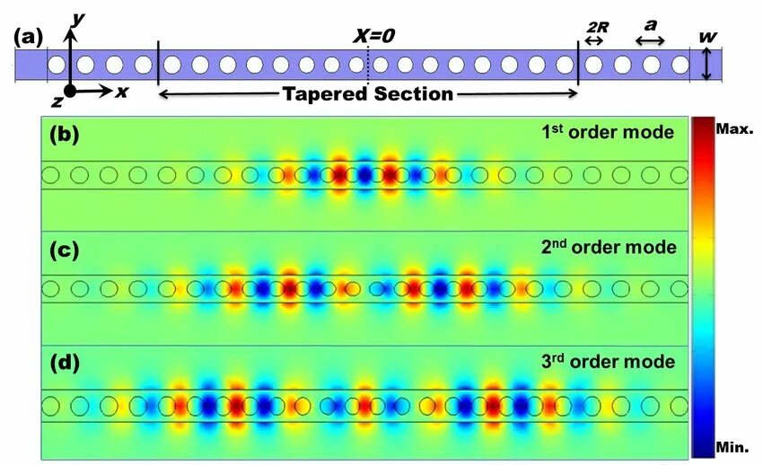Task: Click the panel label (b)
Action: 65,135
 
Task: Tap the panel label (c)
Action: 65,249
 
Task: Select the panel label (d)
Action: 65,364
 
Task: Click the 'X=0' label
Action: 375,36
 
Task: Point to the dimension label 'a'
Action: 650,26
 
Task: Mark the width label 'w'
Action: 708,37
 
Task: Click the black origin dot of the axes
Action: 70,91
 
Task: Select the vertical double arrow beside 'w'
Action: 707,65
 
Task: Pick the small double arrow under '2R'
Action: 594,41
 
